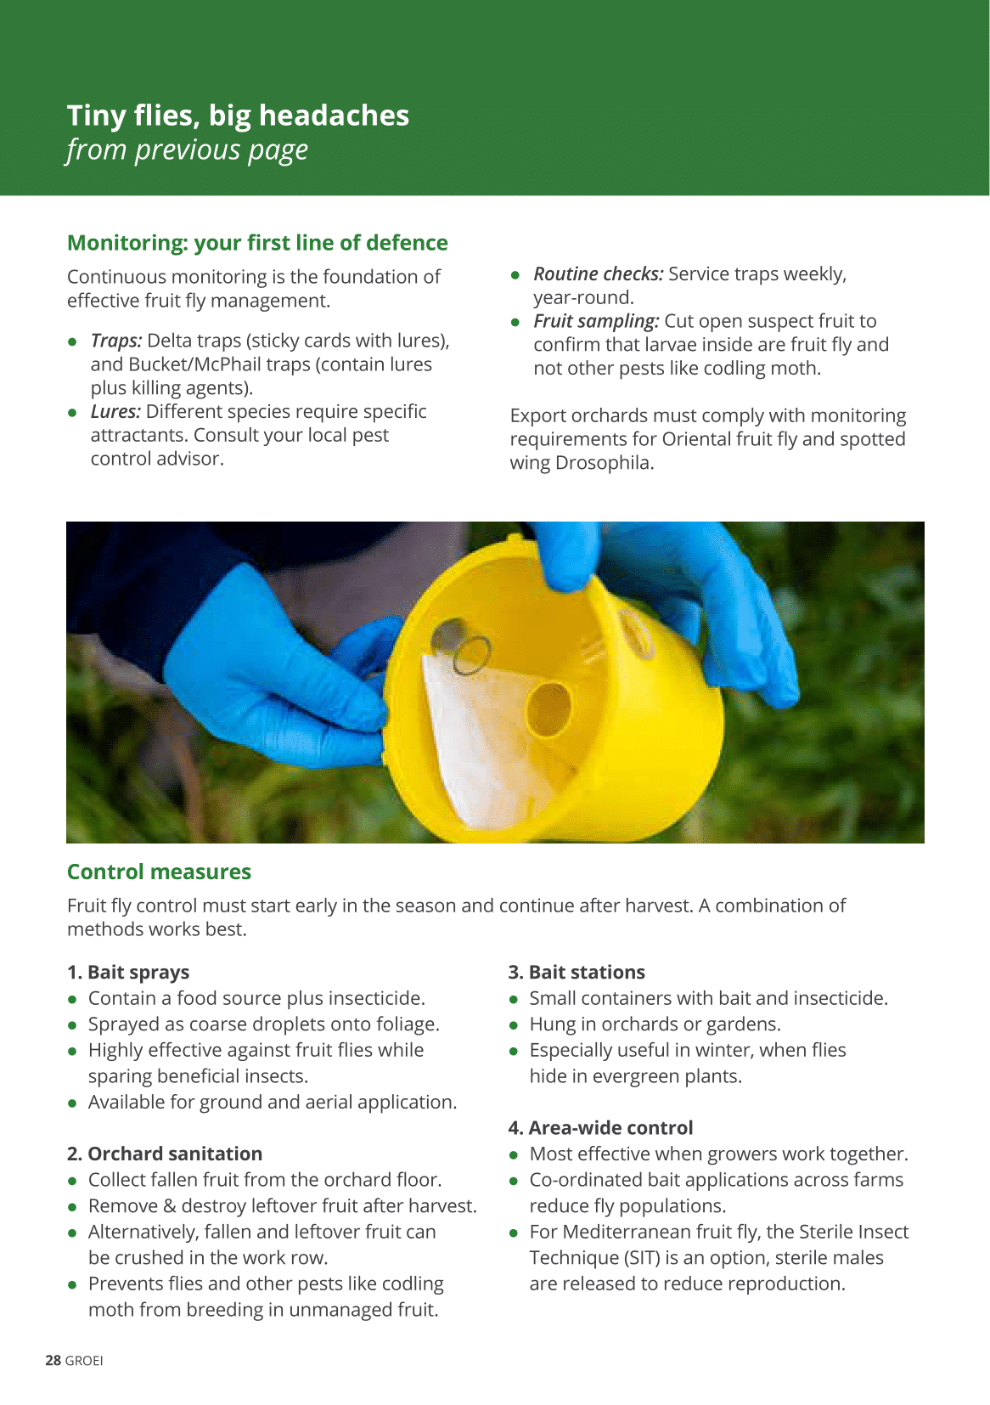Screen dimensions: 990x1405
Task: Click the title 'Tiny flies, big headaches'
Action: click(x=238, y=116)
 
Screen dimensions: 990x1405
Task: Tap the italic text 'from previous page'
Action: click(x=187, y=150)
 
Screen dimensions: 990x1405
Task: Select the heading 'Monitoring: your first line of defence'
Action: click(x=257, y=243)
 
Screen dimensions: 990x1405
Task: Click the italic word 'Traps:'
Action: click(x=116, y=341)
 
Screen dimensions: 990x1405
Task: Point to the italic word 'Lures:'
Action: click(x=116, y=411)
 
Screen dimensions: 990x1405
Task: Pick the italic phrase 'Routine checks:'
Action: click(x=598, y=274)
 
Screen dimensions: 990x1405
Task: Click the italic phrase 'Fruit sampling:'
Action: click(x=596, y=322)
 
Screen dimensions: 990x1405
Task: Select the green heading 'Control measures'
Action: click(x=160, y=872)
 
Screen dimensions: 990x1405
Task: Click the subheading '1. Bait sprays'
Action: click(x=128, y=973)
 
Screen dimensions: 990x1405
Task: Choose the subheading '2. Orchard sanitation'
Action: click(x=165, y=1154)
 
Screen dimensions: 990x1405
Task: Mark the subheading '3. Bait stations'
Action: click(x=577, y=973)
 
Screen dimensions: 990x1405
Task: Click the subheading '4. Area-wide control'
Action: click(x=600, y=1128)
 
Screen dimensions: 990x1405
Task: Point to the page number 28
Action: click(x=53, y=1361)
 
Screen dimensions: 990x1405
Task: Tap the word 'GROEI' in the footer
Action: click(x=84, y=1361)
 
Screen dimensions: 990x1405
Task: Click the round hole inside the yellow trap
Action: click(x=549, y=709)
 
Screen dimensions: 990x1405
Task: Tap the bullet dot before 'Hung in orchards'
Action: click(x=514, y=1025)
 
